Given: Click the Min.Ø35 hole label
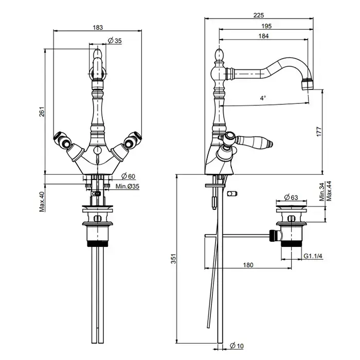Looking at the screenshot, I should click(127, 186).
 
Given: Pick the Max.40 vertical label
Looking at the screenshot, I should click(43, 202).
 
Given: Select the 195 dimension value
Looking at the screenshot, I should click(266, 26).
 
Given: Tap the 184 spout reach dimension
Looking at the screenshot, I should click(264, 36).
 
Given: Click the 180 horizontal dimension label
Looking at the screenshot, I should click(248, 265).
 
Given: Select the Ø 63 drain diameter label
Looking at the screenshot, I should click(292, 197).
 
